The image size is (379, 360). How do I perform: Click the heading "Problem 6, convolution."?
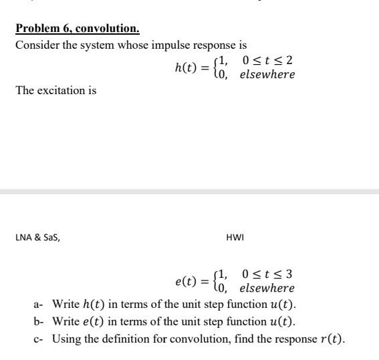click(77, 29)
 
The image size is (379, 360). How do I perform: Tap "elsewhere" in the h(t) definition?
click(267, 74)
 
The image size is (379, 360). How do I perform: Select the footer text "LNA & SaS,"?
click(37, 235)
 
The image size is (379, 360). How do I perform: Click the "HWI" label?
click(235, 235)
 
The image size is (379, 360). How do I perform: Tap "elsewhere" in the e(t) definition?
click(267, 288)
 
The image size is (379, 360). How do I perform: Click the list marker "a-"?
click(39, 305)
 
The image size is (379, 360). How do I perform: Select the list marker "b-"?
click(39, 321)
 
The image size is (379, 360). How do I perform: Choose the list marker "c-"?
click(39, 339)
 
